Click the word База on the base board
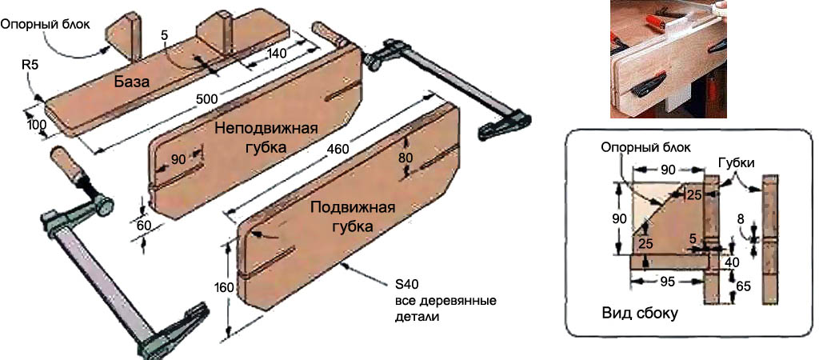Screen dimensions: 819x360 tap(133, 82)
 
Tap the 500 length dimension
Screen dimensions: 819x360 tap(209, 98)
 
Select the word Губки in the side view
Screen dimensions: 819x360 tap(738, 162)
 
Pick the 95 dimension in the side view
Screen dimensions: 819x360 tap(668, 282)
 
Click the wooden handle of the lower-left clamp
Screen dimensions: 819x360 tap(64, 165)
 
